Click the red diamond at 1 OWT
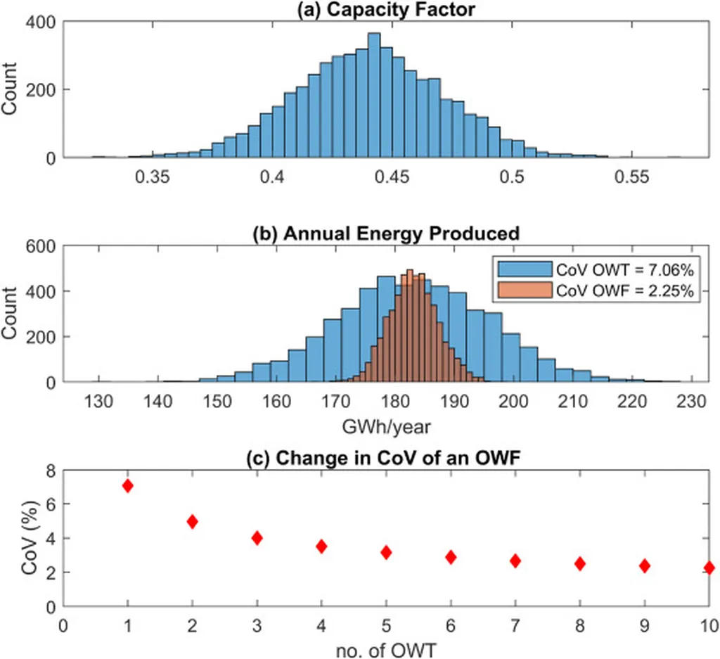click(x=127, y=486)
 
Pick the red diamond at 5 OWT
click(x=386, y=552)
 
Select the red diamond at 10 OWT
click(x=709, y=568)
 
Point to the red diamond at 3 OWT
click(x=257, y=538)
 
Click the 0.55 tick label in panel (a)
click(x=630, y=178)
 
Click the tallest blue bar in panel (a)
click(x=374, y=95)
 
